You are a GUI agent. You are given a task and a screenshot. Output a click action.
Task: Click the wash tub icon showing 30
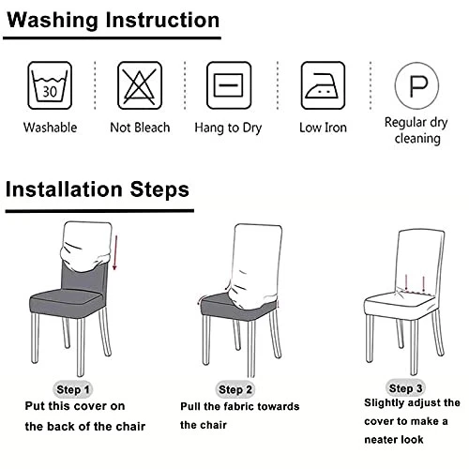(x=50, y=85)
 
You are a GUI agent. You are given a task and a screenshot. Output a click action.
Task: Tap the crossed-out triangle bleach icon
(x=140, y=85)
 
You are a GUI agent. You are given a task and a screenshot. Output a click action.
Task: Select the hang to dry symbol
(x=229, y=85)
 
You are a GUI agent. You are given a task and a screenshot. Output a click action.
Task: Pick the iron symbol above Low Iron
(x=323, y=85)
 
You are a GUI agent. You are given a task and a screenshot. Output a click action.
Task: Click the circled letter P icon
(x=416, y=85)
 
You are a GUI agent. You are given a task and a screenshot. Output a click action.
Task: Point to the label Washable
(x=50, y=128)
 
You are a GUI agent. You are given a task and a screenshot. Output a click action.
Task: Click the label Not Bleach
(x=140, y=128)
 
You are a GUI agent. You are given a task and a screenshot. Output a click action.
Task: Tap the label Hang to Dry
(x=228, y=128)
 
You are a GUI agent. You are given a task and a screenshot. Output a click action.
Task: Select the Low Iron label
(x=323, y=128)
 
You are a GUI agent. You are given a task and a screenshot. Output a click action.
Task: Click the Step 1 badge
(x=73, y=389)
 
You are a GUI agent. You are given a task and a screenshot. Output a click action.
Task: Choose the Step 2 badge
(x=235, y=389)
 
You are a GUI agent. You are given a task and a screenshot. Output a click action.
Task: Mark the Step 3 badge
(x=405, y=388)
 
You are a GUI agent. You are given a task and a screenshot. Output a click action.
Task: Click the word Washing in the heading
(x=53, y=21)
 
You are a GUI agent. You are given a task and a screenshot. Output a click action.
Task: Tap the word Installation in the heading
(x=64, y=189)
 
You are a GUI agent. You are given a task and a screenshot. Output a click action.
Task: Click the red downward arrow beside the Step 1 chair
(x=115, y=252)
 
